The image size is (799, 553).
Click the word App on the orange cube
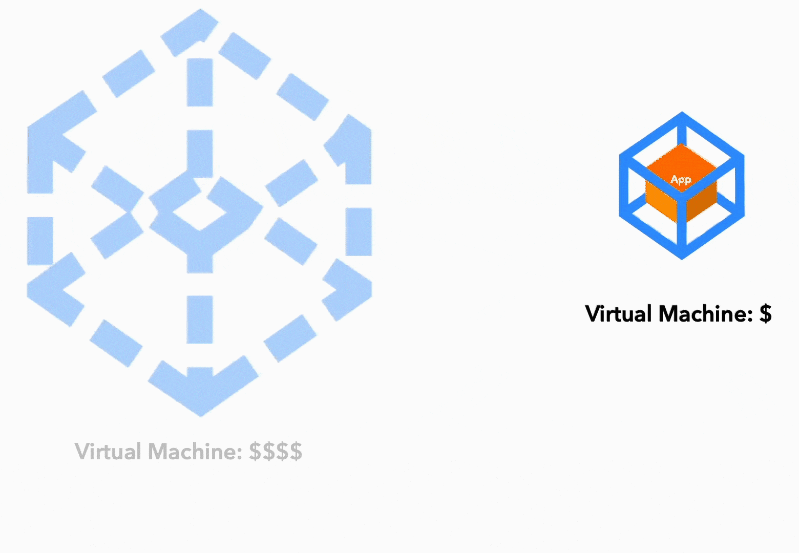681,179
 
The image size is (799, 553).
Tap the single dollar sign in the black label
766,314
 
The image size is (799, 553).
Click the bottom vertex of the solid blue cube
682,259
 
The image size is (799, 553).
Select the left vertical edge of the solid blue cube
623,185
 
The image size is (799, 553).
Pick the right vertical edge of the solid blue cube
740,185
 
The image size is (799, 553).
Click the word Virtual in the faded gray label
108,452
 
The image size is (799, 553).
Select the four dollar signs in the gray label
276,452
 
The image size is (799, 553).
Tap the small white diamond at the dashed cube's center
200,211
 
